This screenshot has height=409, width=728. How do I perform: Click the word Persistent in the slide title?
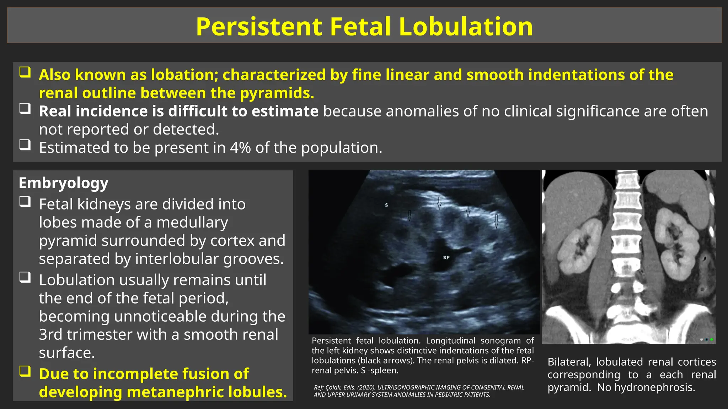[x=259, y=27]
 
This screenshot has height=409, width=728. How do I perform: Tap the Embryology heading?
[x=63, y=183]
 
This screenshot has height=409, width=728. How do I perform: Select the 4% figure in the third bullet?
[x=240, y=148]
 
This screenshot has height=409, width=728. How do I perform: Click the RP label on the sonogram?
[x=446, y=258]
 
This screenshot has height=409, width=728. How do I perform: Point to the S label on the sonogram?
[x=386, y=205]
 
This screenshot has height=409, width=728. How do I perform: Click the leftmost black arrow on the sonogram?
[x=409, y=216]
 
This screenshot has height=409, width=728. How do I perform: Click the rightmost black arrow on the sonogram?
[x=496, y=221]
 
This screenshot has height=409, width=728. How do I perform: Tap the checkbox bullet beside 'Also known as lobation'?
[x=25, y=72]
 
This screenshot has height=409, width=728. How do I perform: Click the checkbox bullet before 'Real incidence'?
[x=25, y=109]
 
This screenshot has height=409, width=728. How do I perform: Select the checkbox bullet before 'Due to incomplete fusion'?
[x=25, y=371]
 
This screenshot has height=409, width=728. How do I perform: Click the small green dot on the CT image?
[x=711, y=339]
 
